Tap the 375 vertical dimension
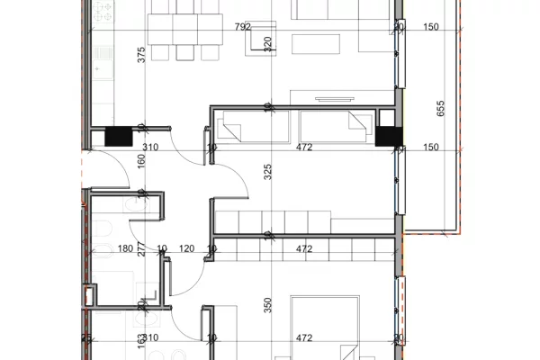(140, 54)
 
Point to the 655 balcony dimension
(440, 109)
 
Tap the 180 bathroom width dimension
(126, 249)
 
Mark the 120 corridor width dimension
(186, 249)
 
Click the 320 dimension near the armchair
(267, 42)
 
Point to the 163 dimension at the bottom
(140, 343)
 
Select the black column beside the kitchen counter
(118, 137)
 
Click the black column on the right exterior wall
(388, 136)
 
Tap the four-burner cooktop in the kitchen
(102, 13)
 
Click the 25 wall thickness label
(86, 337)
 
